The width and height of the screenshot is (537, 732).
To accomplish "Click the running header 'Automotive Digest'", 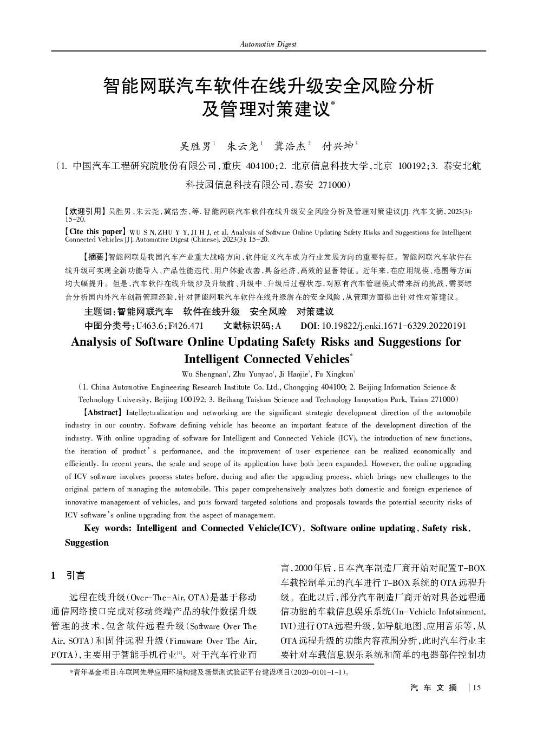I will (x=268, y=44).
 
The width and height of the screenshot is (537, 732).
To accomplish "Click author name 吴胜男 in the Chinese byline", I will (x=195, y=146).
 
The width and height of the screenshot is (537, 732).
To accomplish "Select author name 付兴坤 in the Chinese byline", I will (x=337, y=146).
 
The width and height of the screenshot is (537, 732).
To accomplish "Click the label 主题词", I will (x=99, y=312).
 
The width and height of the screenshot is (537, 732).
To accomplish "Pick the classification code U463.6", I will (x=151, y=326).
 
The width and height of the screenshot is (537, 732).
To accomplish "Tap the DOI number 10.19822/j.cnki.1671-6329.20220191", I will (x=394, y=326).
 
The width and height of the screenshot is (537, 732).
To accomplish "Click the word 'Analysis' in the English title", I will (x=94, y=341).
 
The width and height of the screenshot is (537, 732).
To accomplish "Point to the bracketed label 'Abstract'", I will (x=102, y=412).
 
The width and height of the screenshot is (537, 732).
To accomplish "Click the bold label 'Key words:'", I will (x=108, y=528).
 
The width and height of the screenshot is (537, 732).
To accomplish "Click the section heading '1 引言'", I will (x=68, y=575).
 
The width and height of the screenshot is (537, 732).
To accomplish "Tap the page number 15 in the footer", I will (x=476, y=688).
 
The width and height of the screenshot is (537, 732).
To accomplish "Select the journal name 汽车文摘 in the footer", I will (x=434, y=688).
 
